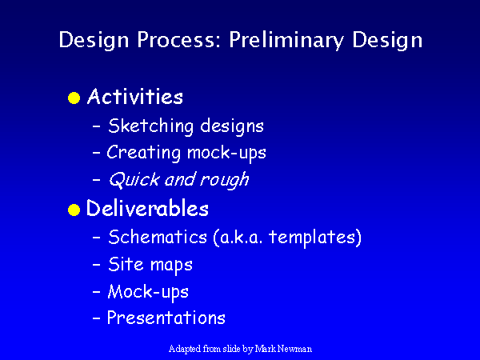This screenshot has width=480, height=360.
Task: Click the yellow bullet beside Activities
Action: tap(74, 98)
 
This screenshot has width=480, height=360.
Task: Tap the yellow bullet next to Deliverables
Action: tap(74, 210)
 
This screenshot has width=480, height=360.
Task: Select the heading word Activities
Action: tap(135, 97)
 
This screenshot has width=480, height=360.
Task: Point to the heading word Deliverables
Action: tap(147, 208)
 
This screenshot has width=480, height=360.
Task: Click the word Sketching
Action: tap(151, 126)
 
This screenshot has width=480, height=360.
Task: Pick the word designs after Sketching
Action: tap(232, 126)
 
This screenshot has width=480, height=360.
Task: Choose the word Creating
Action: tap(143, 153)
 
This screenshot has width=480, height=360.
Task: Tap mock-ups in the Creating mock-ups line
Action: tap(226, 154)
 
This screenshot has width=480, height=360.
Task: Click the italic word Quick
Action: tap(134, 179)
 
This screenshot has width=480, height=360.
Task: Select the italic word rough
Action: tap(224, 180)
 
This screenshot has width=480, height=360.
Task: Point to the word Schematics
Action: tap(158, 237)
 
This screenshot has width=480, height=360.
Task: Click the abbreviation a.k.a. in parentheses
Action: tap(238, 238)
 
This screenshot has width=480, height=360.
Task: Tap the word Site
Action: tap(126, 263)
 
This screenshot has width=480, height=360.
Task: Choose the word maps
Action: tap(171, 265)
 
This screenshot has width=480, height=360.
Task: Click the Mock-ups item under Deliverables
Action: tap(148, 292)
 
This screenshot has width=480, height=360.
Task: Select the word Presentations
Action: tap(166, 318)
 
